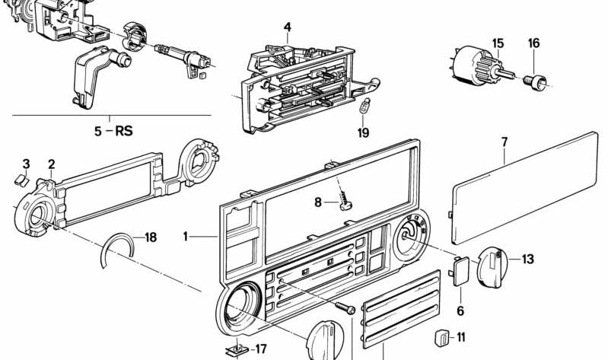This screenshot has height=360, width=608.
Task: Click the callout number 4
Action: point(288,28)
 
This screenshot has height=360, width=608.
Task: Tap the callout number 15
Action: point(498,44)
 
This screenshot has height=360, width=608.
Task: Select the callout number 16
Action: point(533,44)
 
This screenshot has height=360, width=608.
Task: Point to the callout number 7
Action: point(505,141)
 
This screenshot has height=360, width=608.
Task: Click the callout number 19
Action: point(363,133)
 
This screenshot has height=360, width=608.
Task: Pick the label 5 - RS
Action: point(113,131)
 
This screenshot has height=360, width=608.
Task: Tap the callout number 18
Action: point(150,237)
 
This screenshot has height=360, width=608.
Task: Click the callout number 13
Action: point(527,259)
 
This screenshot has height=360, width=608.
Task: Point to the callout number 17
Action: point(260,349)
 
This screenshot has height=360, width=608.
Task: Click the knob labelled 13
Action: point(493,266)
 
